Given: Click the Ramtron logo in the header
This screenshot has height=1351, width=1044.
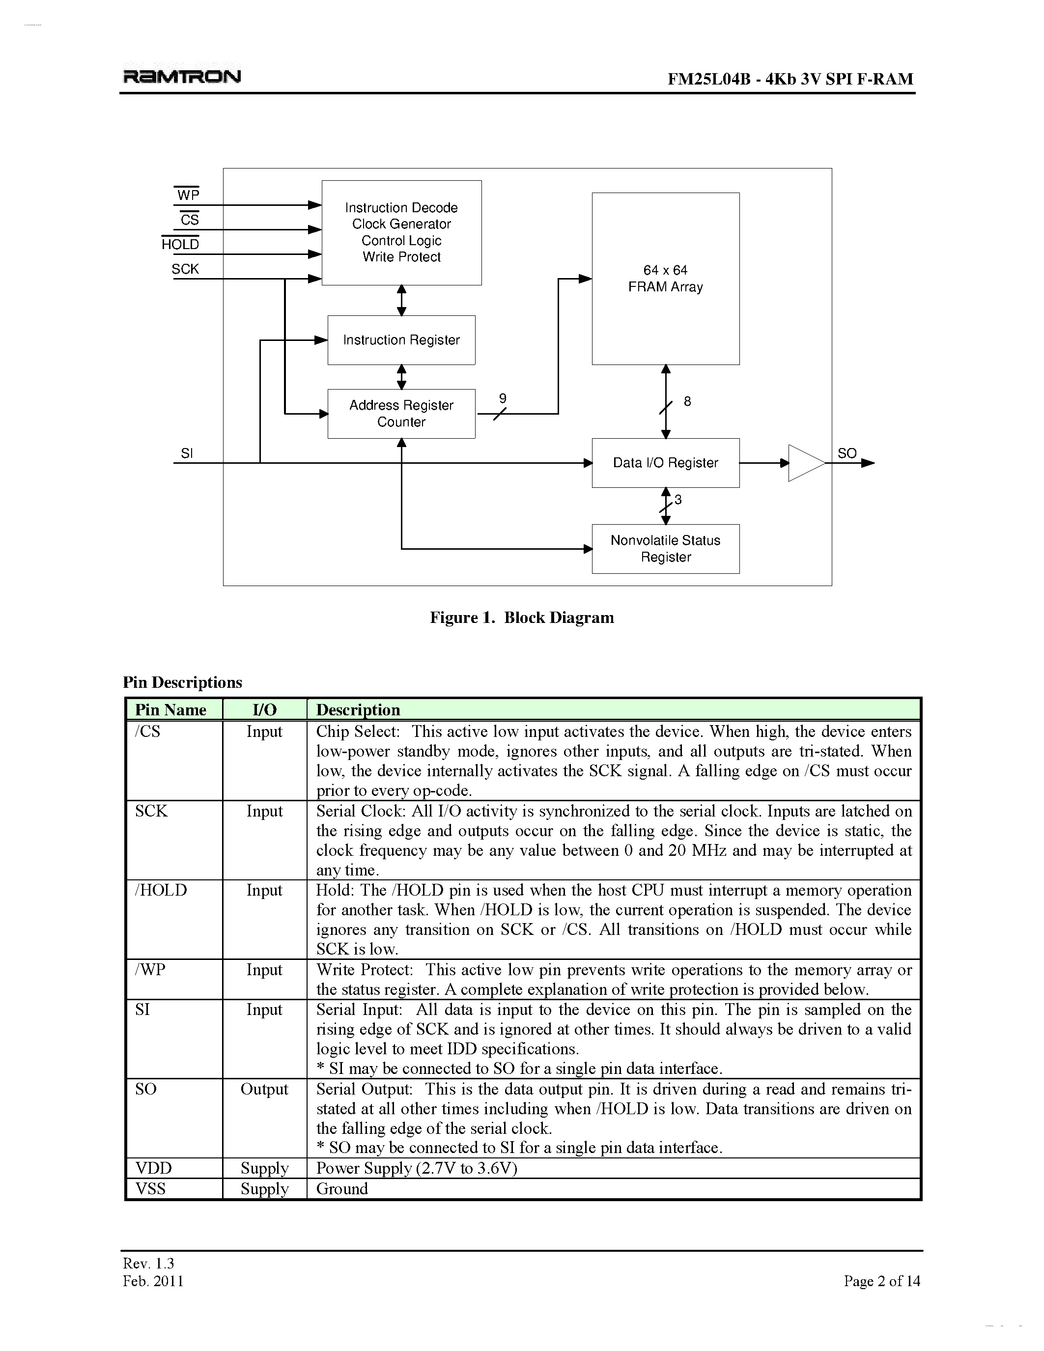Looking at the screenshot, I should point(182,76).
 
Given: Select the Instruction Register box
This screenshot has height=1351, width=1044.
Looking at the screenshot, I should point(401,340).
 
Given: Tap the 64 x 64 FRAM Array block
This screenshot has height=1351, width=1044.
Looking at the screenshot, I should point(666,279).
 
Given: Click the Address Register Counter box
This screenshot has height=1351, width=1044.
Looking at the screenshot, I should point(401,414).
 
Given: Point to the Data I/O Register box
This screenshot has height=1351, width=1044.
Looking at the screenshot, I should point(666,463).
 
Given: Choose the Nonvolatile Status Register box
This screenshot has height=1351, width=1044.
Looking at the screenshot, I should point(666,549).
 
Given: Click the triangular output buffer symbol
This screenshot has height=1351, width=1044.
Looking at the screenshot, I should point(805,463).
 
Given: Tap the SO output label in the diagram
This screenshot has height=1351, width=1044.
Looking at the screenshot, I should point(846,453).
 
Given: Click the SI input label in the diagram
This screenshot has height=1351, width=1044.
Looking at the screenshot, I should point(187,453).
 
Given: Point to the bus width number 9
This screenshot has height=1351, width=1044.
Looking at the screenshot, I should point(503,399).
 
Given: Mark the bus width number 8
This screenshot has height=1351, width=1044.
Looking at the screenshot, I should point(687,401).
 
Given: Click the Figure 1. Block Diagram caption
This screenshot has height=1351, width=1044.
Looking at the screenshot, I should point(522,618).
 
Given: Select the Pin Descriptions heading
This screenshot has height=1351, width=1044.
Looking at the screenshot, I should point(182,682).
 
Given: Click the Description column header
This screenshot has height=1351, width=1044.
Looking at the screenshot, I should point(358,709).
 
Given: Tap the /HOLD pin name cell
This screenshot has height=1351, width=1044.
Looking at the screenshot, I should point(161,890).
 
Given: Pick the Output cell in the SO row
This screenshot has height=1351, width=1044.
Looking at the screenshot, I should point(264,1089).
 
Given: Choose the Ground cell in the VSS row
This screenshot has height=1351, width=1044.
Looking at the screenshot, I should point(342,1188).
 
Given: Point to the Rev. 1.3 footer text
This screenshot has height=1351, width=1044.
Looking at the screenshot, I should point(148,1263).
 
